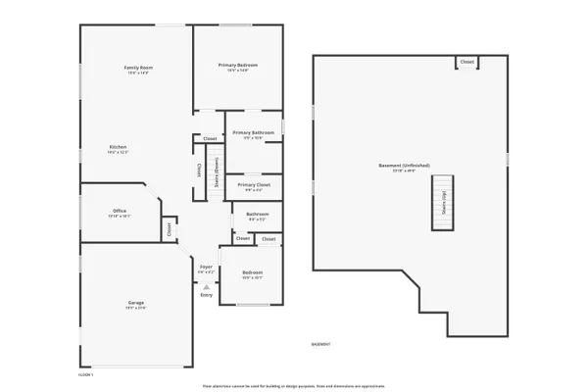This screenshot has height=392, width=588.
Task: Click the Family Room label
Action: pyautogui.click(x=138, y=68)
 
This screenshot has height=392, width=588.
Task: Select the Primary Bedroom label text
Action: pyautogui.click(x=238, y=66)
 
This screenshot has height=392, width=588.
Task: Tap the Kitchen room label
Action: pyautogui.click(x=118, y=147)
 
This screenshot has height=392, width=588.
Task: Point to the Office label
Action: pyautogui.click(x=120, y=211)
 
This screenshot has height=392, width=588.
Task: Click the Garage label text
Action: pyautogui.click(x=136, y=303)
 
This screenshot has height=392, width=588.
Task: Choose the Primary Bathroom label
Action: pyautogui.click(x=253, y=132)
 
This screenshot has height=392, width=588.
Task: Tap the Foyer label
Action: pyautogui.click(x=206, y=267)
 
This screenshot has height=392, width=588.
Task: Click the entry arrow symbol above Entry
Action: pyautogui.click(x=206, y=285)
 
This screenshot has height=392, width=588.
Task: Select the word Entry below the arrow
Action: pyautogui.click(x=206, y=295)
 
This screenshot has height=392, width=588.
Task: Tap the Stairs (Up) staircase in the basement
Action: pyautogui.click(x=444, y=202)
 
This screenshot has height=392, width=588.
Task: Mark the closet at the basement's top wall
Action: pyautogui.click(x=467, y=62)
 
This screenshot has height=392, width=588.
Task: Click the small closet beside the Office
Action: pyautogui.click(x=169, y=227)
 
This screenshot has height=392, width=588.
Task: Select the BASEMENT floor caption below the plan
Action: pyautogui.click(x=320, y=344)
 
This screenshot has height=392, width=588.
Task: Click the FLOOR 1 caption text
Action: pyautogui.click(x=85, y=374)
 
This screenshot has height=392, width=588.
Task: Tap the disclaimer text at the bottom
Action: pyautogui.click(x=293, y=387)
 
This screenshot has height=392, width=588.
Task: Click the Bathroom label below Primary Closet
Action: pyautogui.click(x=257, y=214)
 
